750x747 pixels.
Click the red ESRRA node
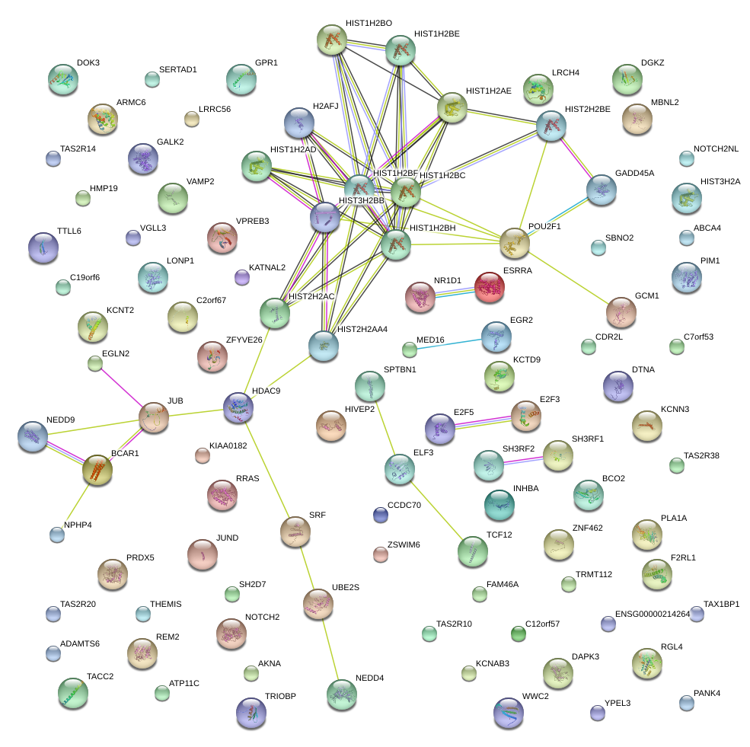[x=489, y=288]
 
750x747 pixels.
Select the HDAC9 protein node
[x=238, y=407]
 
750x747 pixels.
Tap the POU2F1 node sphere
[x=515, y=242]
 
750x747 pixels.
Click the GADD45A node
[x=602, y=189]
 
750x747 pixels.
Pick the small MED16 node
[x=410, y=350]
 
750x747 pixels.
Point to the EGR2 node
[x=496, y=335]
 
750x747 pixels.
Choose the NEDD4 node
[x=341, y=694]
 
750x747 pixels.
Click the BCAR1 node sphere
[x=97, y=470]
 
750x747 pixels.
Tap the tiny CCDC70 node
[x=381, y=516]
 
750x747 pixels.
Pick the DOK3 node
[x=63, y=77]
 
